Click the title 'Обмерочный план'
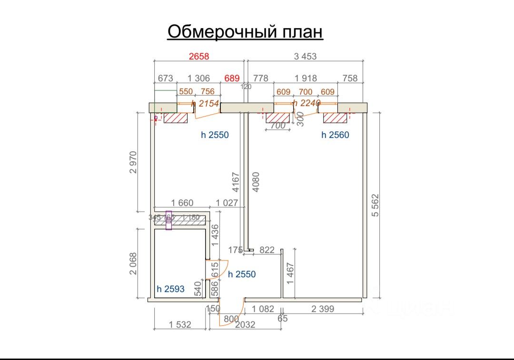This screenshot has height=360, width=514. (x=245, y=32)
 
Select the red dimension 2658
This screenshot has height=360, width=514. (x=199, y=56)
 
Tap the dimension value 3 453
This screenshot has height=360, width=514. (x=305, y=56)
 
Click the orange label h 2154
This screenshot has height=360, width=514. (x=205, y=103)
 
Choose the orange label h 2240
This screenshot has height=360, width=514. (x=306, y=103)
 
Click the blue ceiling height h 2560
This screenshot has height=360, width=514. (x=335, y=135)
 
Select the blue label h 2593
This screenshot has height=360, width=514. (x=170, y=289)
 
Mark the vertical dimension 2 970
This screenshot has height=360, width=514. (x=133, y=163)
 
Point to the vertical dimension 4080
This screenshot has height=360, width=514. (x=256, y=182)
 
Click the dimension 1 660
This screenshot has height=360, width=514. (x=182, y=203)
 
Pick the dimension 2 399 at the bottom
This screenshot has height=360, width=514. (x=323, y=309)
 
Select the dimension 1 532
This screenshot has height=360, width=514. (x=180, y=324)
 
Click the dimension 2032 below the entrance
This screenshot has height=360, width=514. (x=245, y=324)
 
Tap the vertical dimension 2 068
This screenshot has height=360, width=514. (x=133, y=263)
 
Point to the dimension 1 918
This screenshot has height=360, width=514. (x=306, y=78)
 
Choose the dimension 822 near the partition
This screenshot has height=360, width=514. (x=267, y=250)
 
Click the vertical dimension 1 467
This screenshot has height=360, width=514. (x=290, y=273)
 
